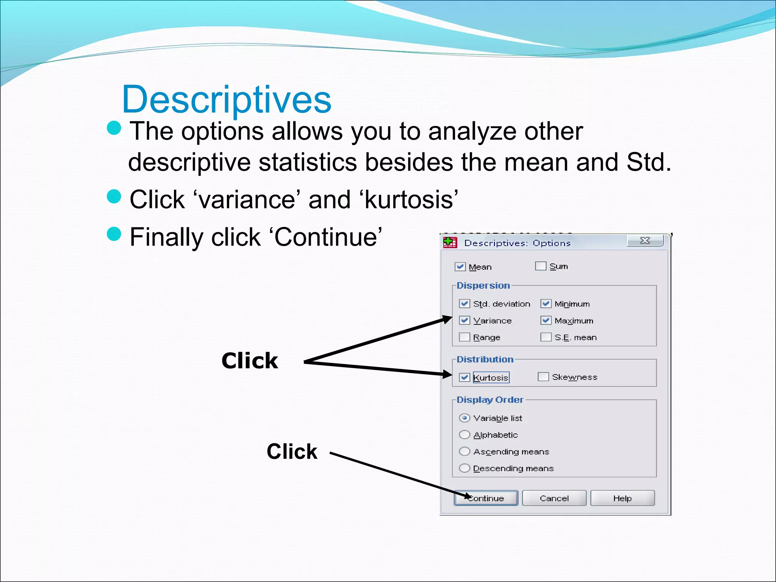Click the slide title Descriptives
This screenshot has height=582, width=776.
point(227,99)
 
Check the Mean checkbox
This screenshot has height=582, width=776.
point(460,267)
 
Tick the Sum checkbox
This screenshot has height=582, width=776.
point(540,266)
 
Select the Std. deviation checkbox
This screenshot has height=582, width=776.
point(465,304)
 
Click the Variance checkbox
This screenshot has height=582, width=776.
point(465,321)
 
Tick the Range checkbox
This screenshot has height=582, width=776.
point(465,337)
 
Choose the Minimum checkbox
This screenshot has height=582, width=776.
point(546,304)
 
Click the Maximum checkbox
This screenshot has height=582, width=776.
point(546,321)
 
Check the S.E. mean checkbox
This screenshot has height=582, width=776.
point(546,337)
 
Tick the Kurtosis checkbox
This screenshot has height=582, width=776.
point(465,377)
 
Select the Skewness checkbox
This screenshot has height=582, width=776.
point(543,377)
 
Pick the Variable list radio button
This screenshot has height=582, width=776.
point(465,418)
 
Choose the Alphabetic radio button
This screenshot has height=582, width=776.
point(465,435)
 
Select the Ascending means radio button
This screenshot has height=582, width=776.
point(465,451)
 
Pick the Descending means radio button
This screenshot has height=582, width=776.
point(465,468)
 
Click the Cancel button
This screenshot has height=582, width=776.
point(554,498)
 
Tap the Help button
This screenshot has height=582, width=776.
point(622,498)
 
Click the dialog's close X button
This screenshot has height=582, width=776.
point(645,241)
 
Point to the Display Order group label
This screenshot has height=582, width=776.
point(490,400)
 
